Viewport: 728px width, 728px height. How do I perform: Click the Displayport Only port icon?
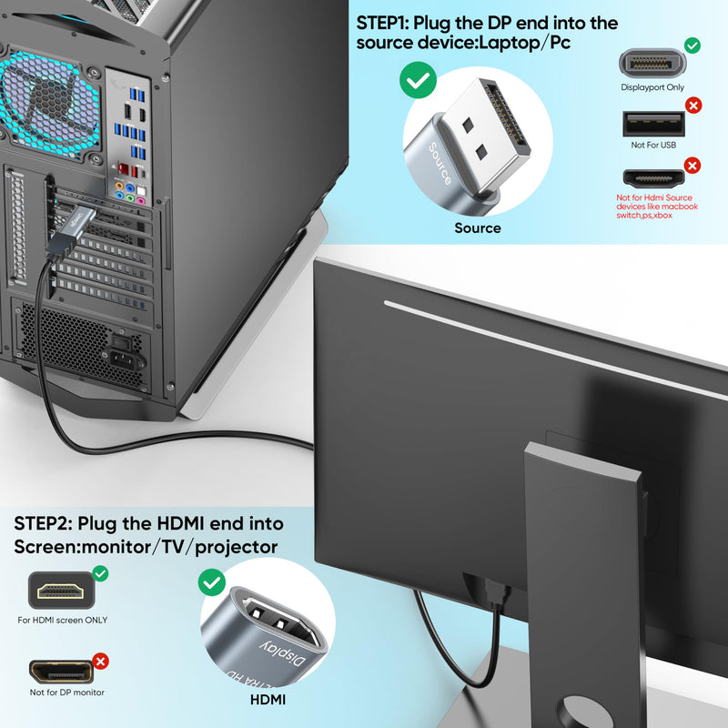(x=652, y=63)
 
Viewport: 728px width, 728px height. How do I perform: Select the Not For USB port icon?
(x=653, y=124)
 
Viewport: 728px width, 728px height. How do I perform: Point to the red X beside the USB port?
(x=693, y=106)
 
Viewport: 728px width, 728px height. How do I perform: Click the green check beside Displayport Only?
(x=693, y=45)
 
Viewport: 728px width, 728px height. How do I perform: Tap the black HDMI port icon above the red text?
(x=653, y=178)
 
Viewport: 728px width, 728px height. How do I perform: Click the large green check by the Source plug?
(x=418, y=80)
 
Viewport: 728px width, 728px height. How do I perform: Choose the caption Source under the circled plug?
(x=478, y=228)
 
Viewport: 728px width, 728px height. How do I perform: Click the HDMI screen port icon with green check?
(x=61, y=591)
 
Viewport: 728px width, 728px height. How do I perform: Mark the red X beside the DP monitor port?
(x=100, y=662)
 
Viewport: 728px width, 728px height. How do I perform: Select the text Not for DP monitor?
(x=66, y=693)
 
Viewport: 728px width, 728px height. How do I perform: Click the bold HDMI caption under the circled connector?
(x=268, y=700)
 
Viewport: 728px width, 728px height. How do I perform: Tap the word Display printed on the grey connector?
(x=283, y=653)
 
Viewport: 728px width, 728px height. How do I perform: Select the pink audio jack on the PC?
(x=141, y=201)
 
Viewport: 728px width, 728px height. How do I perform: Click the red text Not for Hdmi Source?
(x=653, y=197)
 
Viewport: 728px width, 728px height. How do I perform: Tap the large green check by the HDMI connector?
(x=212, y=582)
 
